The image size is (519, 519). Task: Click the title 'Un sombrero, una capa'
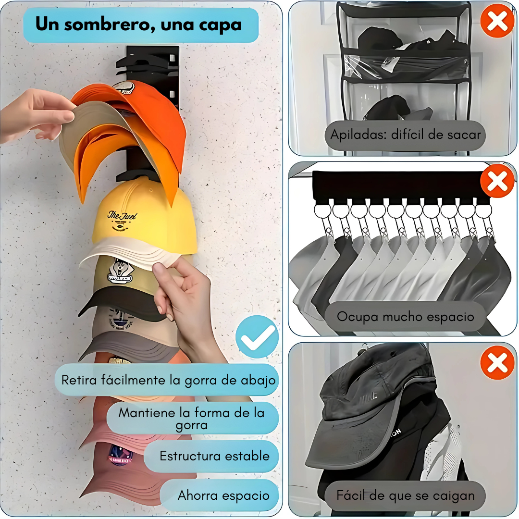(138, 25)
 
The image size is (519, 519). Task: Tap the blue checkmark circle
(257, 336)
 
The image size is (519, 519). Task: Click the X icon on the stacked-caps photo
(497, 21)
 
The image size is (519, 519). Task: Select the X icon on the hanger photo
(497, 181)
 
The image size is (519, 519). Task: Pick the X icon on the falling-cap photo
(497, 362)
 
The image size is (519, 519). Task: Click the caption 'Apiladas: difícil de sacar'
(405, 135)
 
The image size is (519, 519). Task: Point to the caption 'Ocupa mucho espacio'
(405, 317)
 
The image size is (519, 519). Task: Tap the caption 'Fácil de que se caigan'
(405, 495)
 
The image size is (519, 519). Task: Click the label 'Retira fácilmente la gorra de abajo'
(168, 380)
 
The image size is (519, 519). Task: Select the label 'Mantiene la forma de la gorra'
(192, 419)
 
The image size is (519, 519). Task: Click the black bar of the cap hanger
(400, 185)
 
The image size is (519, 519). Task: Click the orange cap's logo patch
(124, 88)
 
